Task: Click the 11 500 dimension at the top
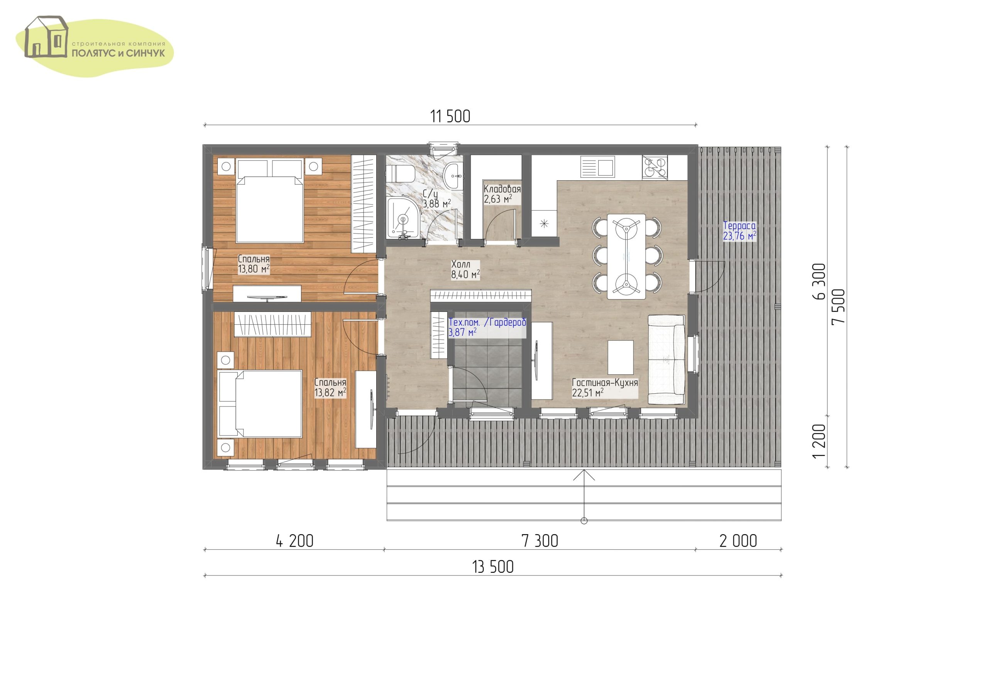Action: [x=450, y=116]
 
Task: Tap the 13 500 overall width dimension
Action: [x=493, y=567]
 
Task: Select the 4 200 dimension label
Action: [x=295, y=541]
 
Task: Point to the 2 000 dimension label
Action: [x=738, y=541]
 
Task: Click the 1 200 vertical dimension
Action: [x=819, y=441]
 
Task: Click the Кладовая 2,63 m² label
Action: [x=502, y=194]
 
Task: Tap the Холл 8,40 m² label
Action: [x=465, y=269]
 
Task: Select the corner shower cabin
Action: [x=403, y=218]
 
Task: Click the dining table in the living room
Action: [x=626, y=257]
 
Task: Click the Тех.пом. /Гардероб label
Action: [x=487, y=322]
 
